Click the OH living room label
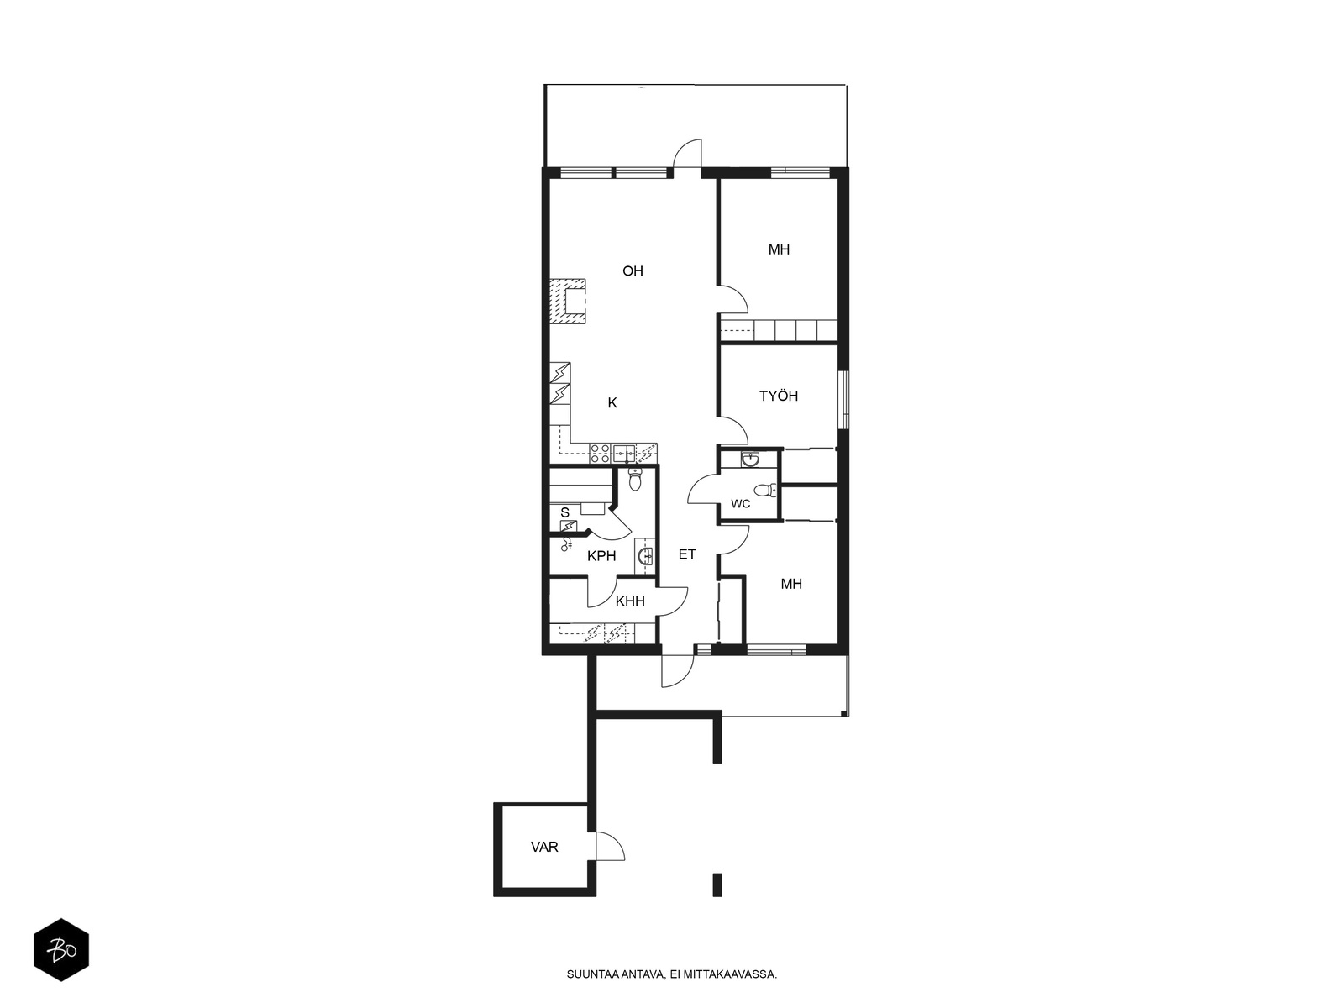click(x=633, y=270)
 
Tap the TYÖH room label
click(x=778, y=396)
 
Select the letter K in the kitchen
click(x=612, y=402)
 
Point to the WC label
click(x=740, y=504)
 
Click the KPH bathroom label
click(x=601, y=556)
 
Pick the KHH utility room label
click(x=630, y=601)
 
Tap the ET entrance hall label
click(x=687, y=554)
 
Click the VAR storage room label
click(x=544, y=847)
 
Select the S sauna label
click(x=564, y=513)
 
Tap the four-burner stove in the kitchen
click(x=600, y=454)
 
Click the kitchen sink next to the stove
click(x=624, y=454)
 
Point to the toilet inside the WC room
click(x=764, y=491)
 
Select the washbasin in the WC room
click(x=749, y=459)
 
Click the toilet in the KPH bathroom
click(x=635, y=480)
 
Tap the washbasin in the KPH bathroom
click(x=644, y=556)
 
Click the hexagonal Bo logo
click(x=61, y=950)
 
